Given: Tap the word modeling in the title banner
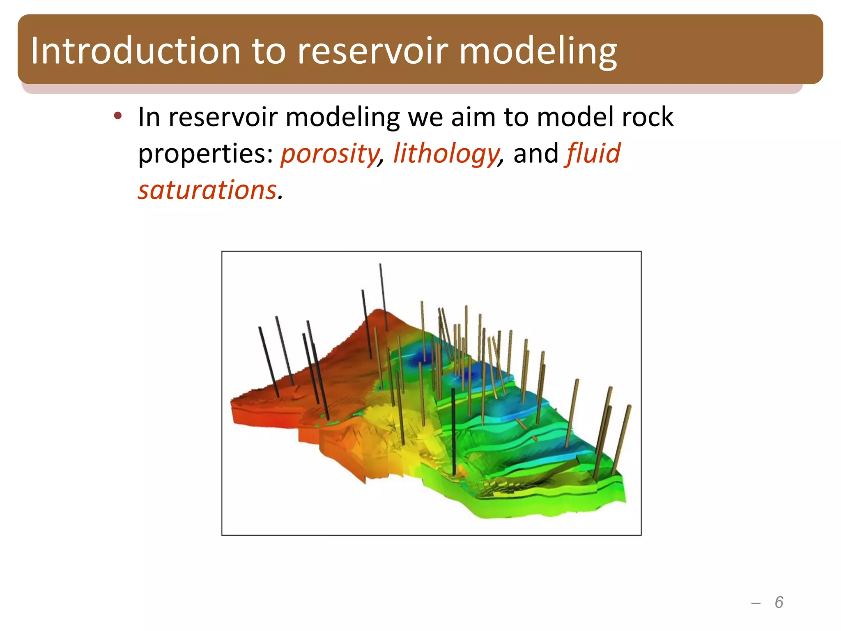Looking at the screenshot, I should [538, 51].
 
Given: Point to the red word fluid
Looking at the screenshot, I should [593, 153].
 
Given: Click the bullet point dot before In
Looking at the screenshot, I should [118, 116].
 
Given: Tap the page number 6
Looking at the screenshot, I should [779, 602].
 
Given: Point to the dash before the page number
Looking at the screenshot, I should [756, 603].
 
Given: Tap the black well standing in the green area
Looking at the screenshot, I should [453, 431].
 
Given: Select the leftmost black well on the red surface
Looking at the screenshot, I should [269, 362].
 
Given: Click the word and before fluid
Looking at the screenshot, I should [536, 154].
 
